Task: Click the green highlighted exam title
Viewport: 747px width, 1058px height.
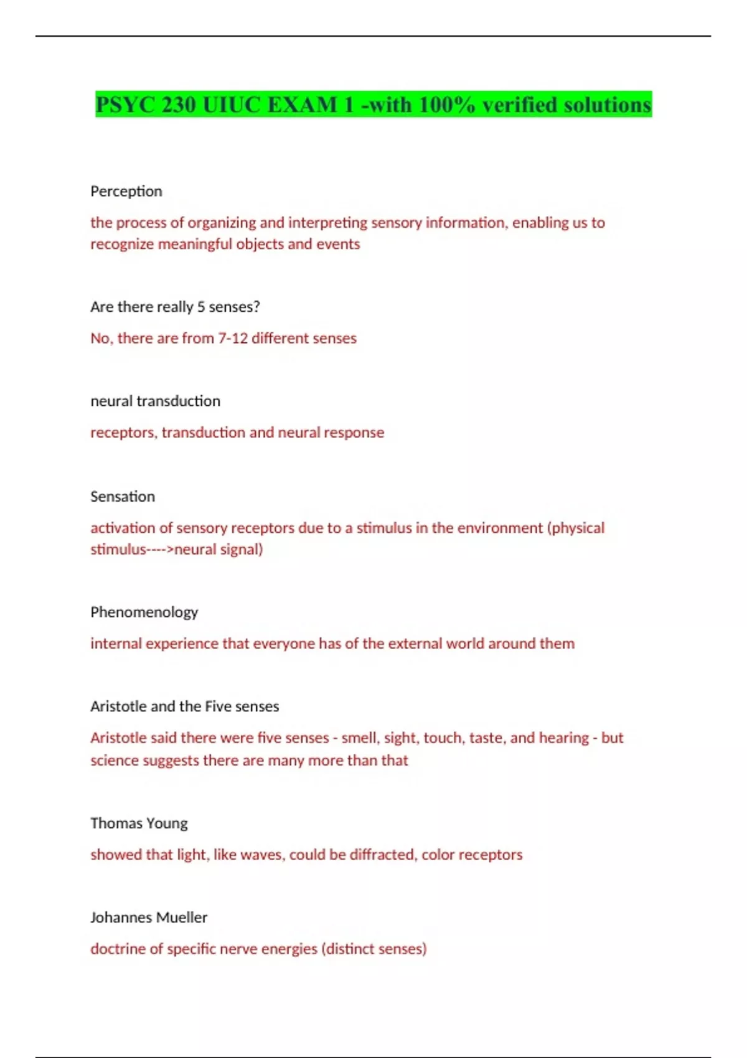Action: point(374,105)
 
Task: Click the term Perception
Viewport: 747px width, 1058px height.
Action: point(126,191)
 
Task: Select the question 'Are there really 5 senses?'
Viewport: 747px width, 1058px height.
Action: point(175,307)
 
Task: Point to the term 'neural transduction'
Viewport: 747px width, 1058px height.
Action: point(155,401)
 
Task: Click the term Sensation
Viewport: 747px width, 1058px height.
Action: point(123,497)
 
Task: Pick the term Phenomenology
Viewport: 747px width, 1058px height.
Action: point(144,612)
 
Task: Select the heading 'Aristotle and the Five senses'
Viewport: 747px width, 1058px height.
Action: point(184,706)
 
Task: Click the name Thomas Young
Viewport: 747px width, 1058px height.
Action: point(139,823)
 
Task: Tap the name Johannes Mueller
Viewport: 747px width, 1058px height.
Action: point(149,917)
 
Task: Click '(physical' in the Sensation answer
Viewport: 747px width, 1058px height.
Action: point(576,528)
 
